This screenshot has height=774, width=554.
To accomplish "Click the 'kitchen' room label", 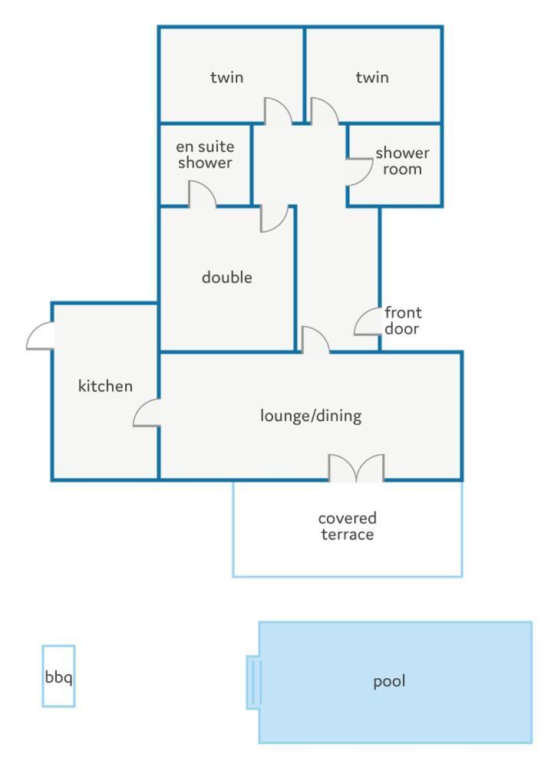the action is coord(105,386).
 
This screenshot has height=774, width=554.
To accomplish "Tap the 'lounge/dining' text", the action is coord(311,416).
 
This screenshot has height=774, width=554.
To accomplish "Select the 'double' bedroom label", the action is coord(226,277).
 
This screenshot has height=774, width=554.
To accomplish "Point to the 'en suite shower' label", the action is coord(205,154).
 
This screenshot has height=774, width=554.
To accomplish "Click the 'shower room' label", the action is coord(402,161).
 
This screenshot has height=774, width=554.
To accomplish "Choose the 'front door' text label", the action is coord(403,321).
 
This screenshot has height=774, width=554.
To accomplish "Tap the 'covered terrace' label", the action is coord(347,525).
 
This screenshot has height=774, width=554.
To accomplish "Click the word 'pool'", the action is coord(389,681).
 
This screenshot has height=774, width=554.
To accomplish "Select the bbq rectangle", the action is coord(58,676).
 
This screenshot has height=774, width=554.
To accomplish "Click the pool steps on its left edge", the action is coord(254,682).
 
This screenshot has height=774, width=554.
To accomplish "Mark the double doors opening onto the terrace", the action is coord(356,467).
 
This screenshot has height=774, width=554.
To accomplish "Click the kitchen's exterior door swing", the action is coord(40,336).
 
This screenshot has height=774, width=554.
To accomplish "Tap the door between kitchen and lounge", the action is coord(147,412).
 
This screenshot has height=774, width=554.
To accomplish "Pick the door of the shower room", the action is coord(359,172).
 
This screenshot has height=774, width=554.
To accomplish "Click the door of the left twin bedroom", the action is coord(278,110).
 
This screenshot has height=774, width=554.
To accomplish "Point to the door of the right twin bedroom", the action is coord(325,110).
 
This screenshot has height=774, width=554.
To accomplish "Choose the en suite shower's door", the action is coord(202,193).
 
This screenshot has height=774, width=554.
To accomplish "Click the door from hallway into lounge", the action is coord(315,340).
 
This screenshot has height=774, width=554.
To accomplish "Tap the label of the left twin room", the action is coord(226,77).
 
